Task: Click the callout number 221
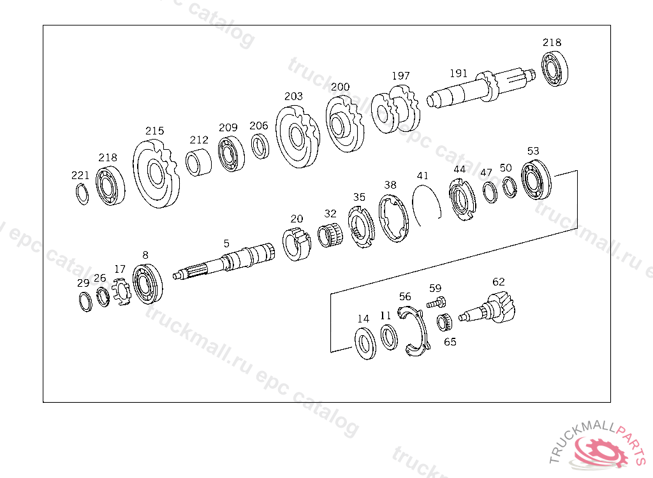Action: click(80, 175)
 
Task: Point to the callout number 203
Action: click(293, 97)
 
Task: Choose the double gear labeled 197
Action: click(395, 109)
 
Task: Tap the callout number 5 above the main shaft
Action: click(226, 243)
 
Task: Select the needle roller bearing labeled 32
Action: click(330, 235)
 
